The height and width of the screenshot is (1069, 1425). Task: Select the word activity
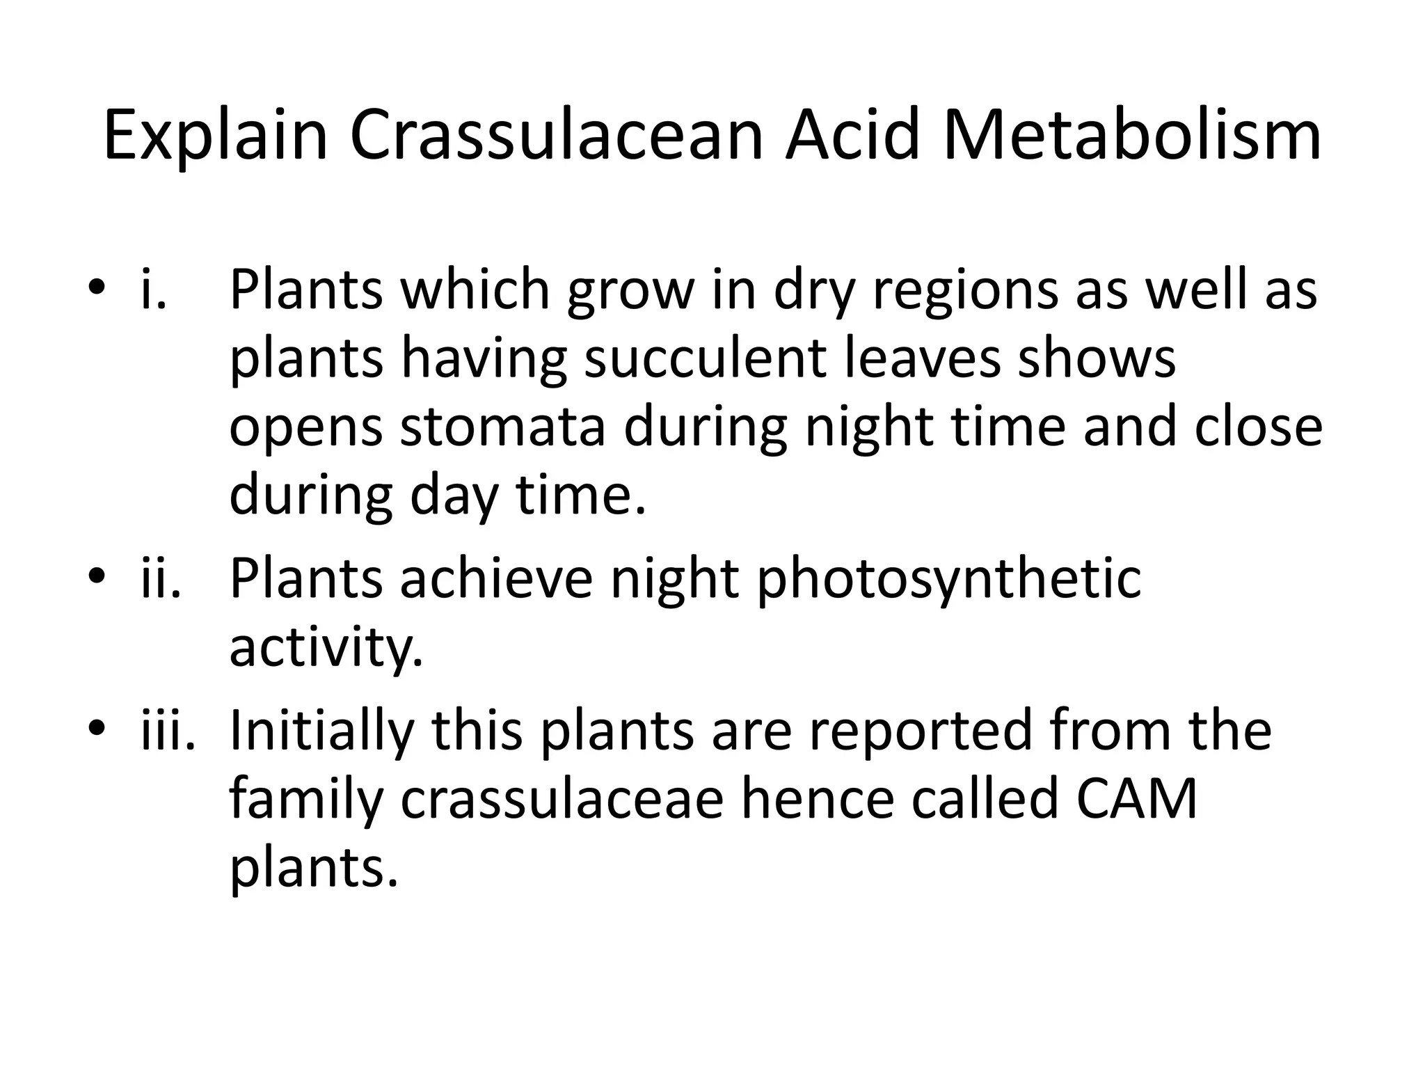[326, 649]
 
